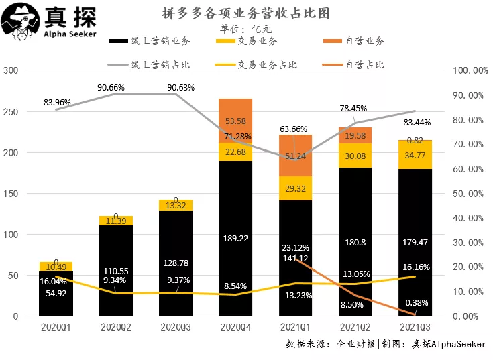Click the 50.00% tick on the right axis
tap(467, 193)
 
